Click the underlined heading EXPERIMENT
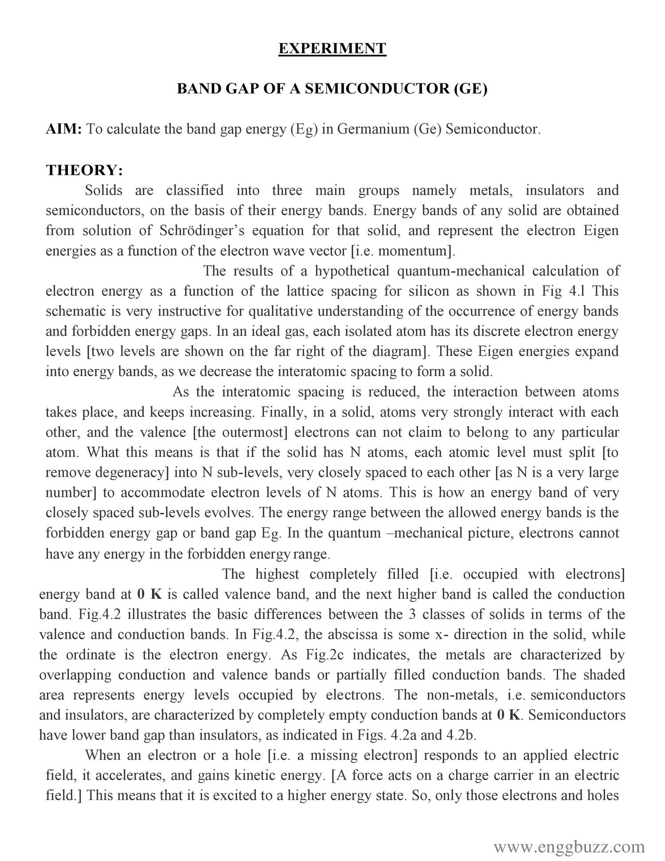[x=332, y=48]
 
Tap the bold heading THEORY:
[x=84, y=170]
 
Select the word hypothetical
[x=352, y=271]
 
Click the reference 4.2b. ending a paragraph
[x=461, y=735]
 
